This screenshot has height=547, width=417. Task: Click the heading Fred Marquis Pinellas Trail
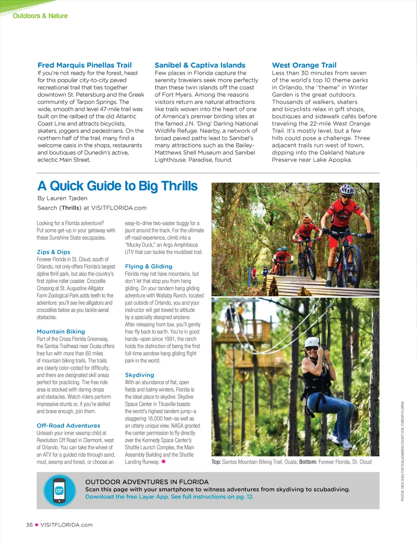[84, 65]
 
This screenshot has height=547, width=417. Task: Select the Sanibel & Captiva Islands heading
[200, 65]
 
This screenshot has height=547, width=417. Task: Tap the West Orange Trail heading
[304, 65]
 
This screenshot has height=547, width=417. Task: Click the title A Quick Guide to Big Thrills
[117, 186]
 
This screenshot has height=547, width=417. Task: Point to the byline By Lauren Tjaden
[62, 198]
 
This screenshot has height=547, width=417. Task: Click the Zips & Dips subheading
[53, 252]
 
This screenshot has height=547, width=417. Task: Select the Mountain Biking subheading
[61, 332]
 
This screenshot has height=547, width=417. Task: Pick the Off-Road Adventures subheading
[68, 426]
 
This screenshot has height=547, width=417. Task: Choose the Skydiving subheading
[139, 375]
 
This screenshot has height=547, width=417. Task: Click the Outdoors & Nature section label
[40, 16]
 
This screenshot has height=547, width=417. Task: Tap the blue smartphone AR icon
[59, 490]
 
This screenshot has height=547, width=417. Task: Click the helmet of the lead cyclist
[347, 190]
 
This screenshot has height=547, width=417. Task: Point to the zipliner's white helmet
[312, 341]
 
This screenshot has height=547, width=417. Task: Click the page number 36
[29, 525]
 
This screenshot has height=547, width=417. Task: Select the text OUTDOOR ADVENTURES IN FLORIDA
[147, 482]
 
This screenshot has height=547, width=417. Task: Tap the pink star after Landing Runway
[163, 462]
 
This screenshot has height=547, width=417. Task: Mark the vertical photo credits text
[402, 451]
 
